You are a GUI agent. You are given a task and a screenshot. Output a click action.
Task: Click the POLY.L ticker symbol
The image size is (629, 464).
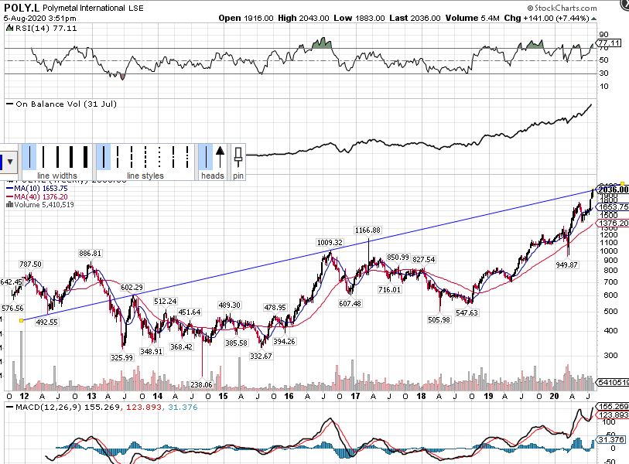click(x=22, y=6)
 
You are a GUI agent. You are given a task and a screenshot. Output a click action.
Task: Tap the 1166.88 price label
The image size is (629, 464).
click(x=368, y=230)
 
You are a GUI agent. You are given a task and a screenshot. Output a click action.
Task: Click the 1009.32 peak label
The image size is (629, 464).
click(x=329, y=242)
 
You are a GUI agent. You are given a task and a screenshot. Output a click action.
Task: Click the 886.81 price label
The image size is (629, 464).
click(x=91, y=253)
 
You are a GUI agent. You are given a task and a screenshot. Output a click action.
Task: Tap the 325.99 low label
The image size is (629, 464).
click(x=122, y=357)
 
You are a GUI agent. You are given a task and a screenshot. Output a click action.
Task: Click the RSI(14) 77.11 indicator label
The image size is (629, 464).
click(x=31, y=27)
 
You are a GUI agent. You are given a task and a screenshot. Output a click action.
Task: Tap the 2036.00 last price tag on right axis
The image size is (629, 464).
click(x=611, y=189)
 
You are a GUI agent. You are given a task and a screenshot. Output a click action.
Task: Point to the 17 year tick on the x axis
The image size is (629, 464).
click(x=355, y=396)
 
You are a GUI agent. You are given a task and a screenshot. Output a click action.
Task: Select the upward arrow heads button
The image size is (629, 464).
click(x=220, y=156)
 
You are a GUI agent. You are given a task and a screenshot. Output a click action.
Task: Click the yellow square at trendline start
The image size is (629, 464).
click(x=21, y=320)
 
